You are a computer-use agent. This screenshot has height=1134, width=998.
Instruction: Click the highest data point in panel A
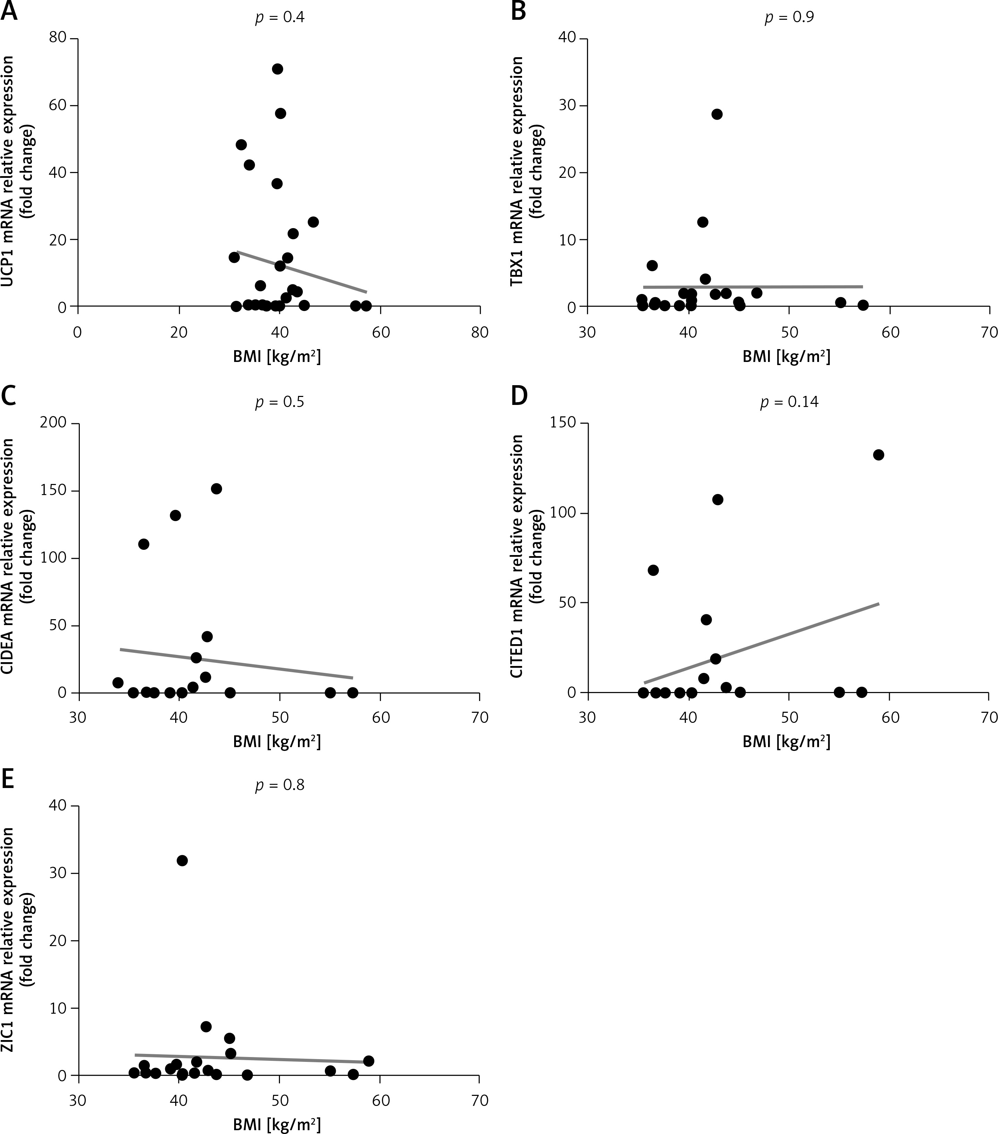[278, 69]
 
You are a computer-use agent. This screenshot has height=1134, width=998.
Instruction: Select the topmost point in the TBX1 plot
[717, 114]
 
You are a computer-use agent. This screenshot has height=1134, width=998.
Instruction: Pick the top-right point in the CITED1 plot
[878, 455]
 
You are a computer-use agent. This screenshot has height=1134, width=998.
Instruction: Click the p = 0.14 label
[789, 402]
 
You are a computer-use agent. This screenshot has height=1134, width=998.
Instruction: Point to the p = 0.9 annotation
[789, 18]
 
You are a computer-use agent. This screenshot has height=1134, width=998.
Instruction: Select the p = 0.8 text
[279, 785]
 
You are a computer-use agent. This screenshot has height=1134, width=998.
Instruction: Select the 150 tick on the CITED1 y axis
[562, 423]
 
